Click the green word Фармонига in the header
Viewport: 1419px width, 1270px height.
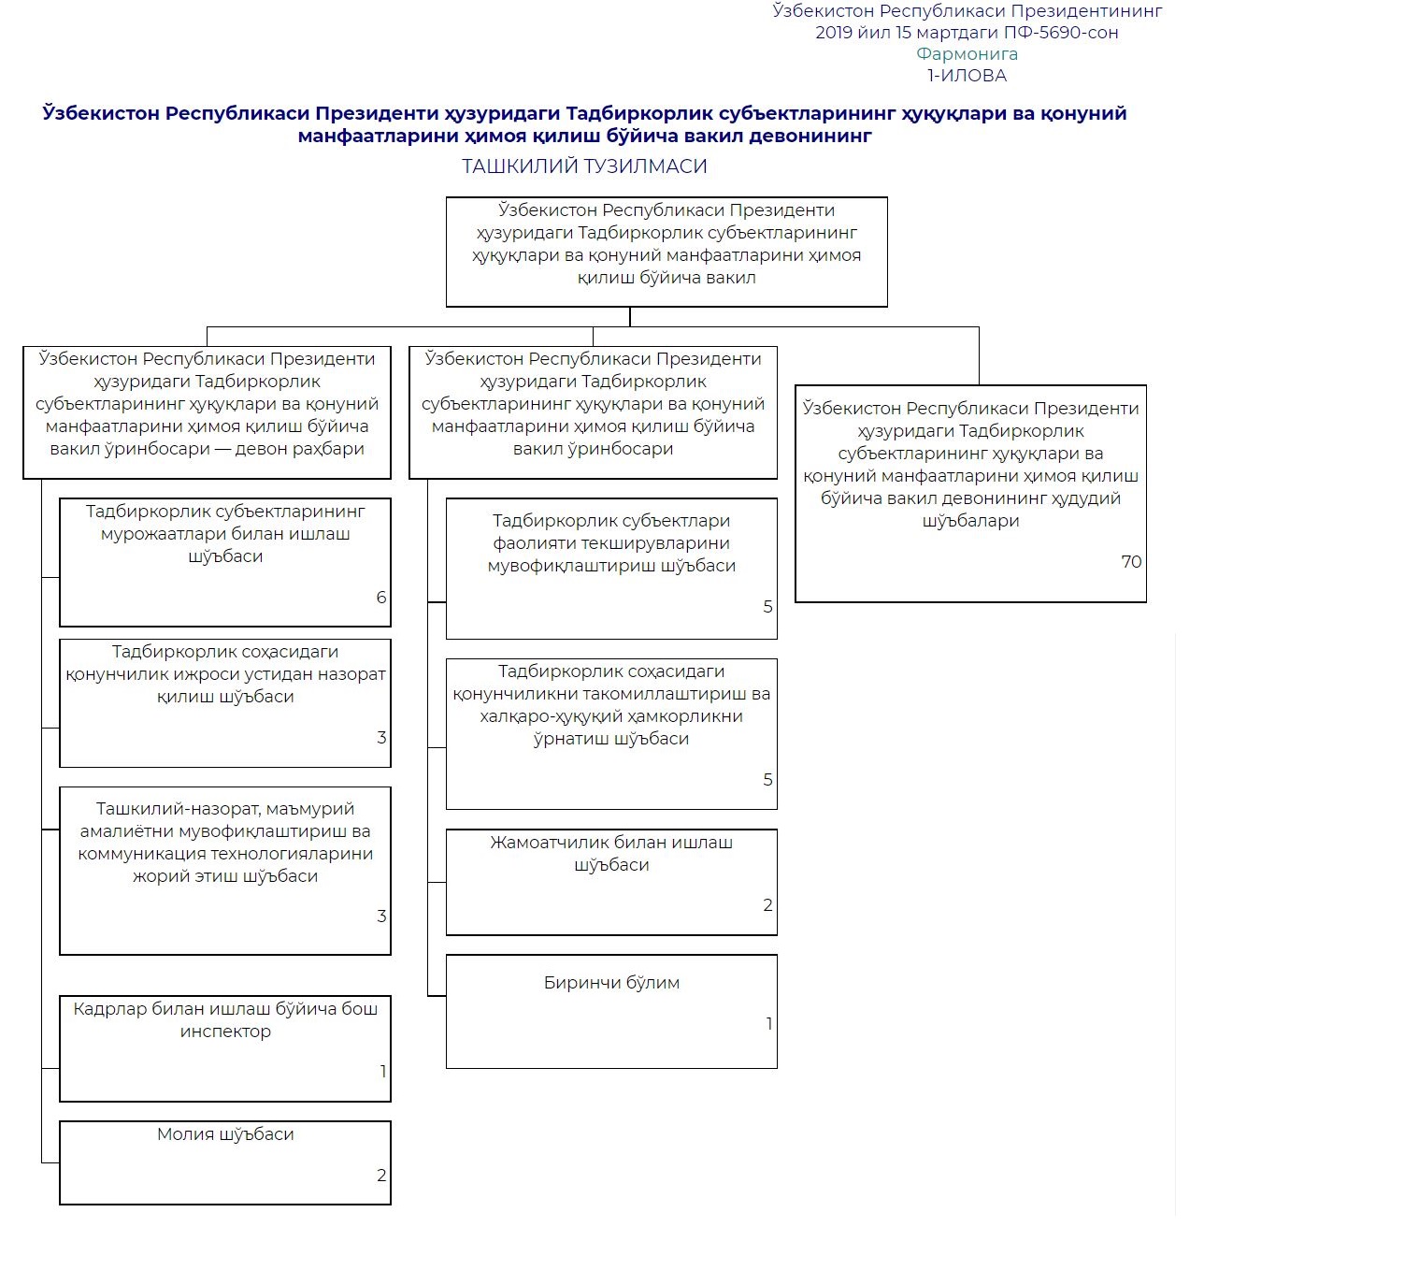point(967,54)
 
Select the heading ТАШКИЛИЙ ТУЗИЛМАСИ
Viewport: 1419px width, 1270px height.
point(584,166)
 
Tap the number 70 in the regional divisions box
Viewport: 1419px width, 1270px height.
point(1131,562)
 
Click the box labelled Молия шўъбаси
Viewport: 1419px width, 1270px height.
point(225,1162)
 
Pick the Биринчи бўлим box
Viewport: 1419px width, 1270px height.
point(611,1011)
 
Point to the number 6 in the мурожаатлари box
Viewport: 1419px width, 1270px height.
point(381,598)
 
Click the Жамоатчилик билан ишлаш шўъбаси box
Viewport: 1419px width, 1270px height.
point(611,882)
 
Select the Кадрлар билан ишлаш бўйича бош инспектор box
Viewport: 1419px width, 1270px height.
point(225,1048)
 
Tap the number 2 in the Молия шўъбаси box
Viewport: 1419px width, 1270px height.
point(381,1176)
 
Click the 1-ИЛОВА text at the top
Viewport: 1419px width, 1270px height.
point(967,76)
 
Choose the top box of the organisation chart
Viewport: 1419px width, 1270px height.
point(666,252)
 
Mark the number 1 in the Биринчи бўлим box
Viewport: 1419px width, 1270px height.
point(768,1024)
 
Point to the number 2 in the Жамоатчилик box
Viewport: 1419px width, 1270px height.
point(767,905)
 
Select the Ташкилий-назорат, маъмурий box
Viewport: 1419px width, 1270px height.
point(225,871)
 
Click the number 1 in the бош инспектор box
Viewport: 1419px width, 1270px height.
point(382,1072)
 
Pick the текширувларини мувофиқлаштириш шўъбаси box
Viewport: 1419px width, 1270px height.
point(611,569)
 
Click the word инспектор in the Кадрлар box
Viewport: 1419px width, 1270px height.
point(225,1032)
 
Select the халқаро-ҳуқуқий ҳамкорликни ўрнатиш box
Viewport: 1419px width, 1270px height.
point(611,734)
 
